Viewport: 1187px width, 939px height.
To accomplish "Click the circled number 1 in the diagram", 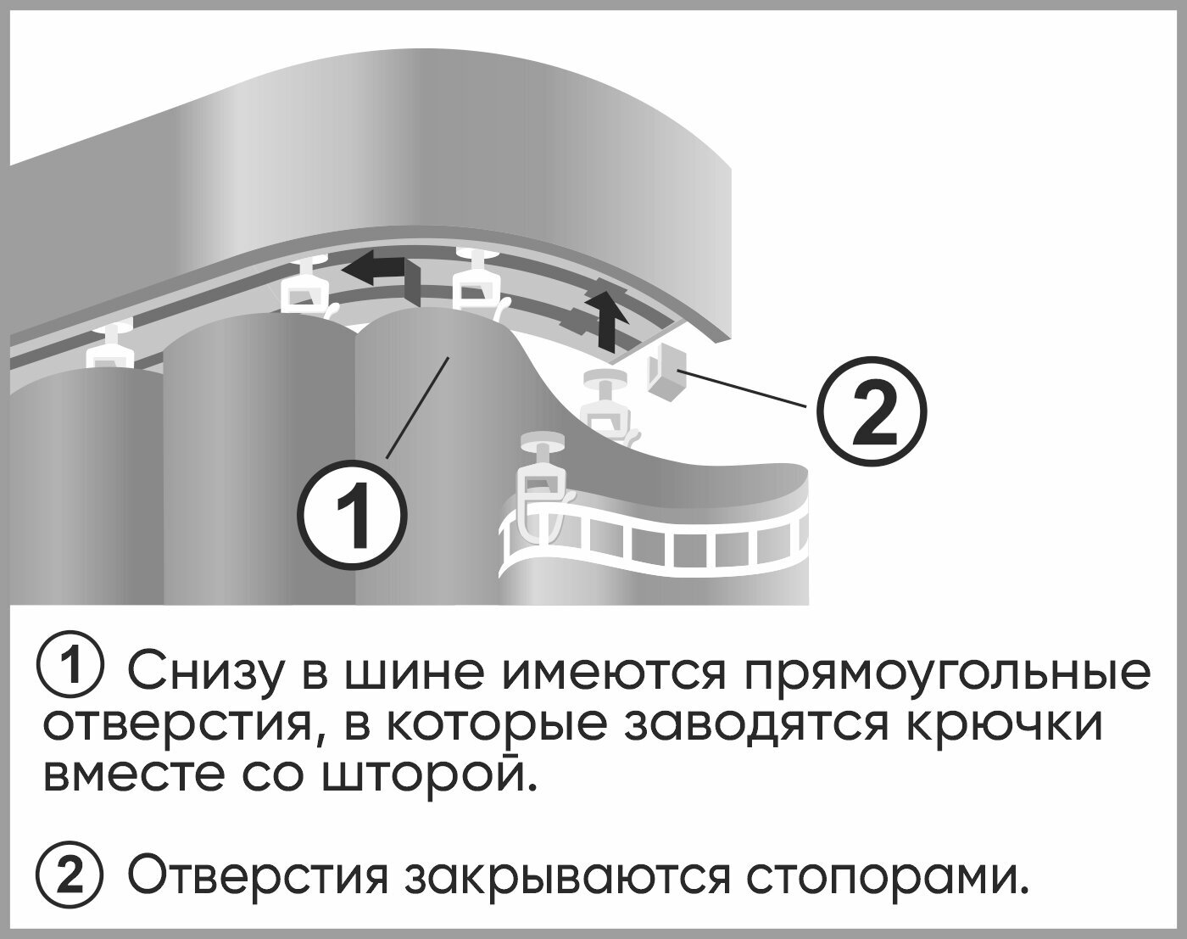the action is (x=353, y=513).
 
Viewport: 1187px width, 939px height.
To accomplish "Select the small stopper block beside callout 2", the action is (x=666, y=374).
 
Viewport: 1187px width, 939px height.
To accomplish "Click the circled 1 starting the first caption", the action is (x=71, y=670).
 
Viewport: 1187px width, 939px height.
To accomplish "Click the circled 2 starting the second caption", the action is (x=71, y=876).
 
